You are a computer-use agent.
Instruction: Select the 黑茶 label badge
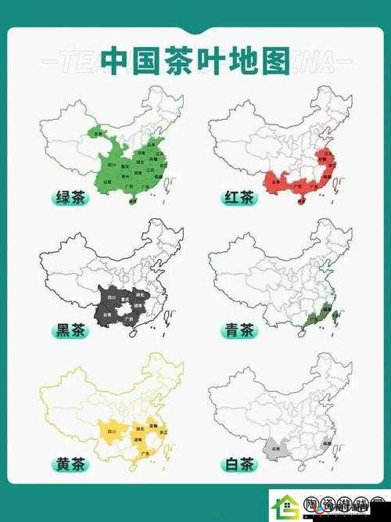[70, 330]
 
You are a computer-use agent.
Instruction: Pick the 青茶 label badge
[239, 330]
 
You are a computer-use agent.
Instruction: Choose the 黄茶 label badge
[70, 464]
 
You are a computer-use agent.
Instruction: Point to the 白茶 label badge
[239, 464]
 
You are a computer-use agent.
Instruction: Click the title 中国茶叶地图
[195, 62]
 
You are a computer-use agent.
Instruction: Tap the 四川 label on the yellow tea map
[111, 431]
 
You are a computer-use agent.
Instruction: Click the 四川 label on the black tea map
[111, 298]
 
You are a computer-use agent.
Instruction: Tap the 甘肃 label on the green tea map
[99, 134]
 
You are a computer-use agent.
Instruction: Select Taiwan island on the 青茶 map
[335, 316]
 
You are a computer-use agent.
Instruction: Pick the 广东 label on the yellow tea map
[145, 453]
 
